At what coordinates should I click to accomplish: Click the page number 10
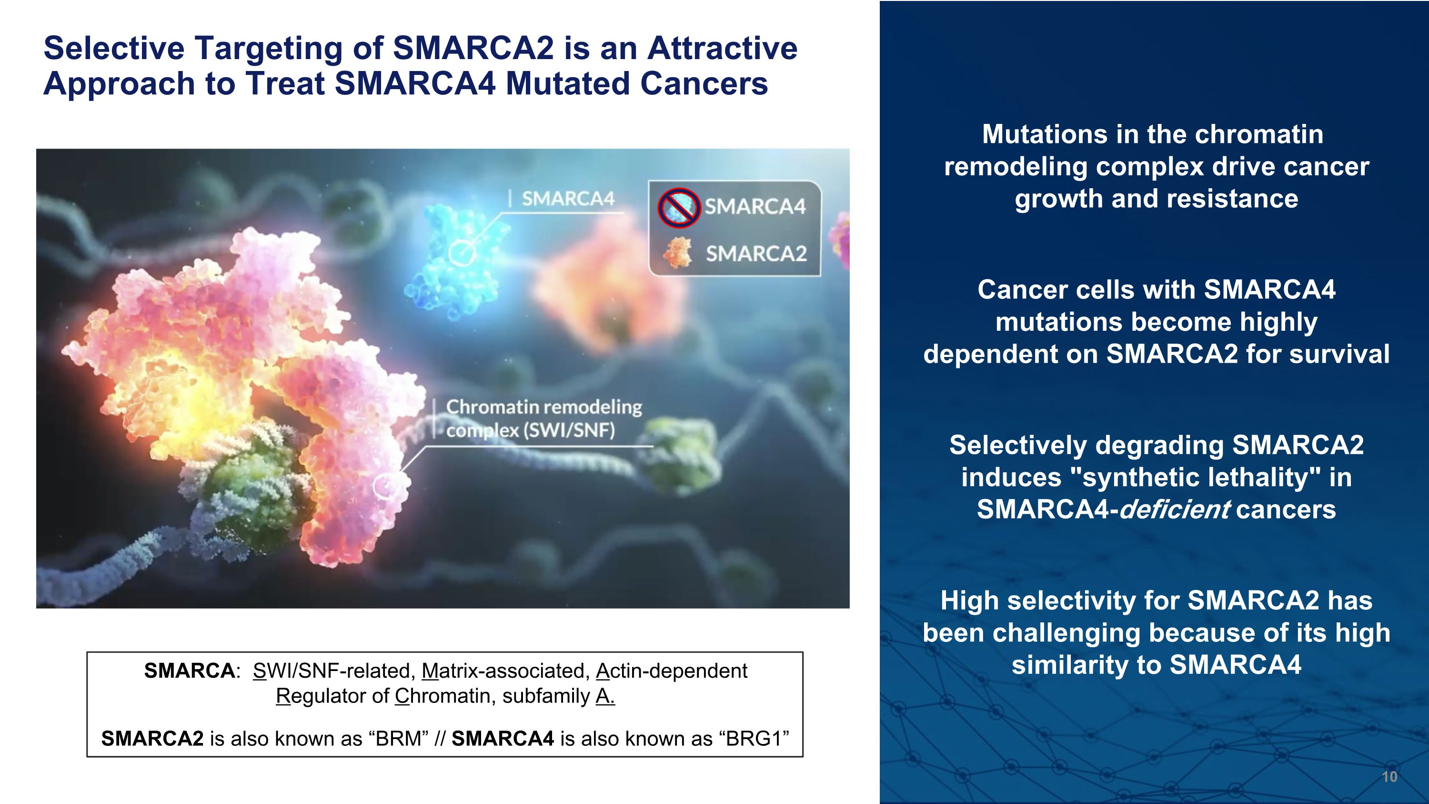(x=1389, y=776)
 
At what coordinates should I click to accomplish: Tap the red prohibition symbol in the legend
(x=679, y=207)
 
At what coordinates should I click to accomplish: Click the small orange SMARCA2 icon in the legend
(x=678, y=253)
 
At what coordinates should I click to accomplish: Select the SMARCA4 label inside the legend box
(x=755, y=206)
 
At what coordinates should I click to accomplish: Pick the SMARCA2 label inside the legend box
(x=756, y=254)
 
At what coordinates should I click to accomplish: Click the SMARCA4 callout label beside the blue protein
(x=568, y=198)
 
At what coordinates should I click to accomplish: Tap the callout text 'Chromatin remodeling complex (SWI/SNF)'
(x=543, y=418)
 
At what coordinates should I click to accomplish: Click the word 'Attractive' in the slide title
(x=722, y=48)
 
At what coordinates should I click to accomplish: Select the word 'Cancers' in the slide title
(x=704, y=83)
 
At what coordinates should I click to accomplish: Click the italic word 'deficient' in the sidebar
(x=1174, y=509)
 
